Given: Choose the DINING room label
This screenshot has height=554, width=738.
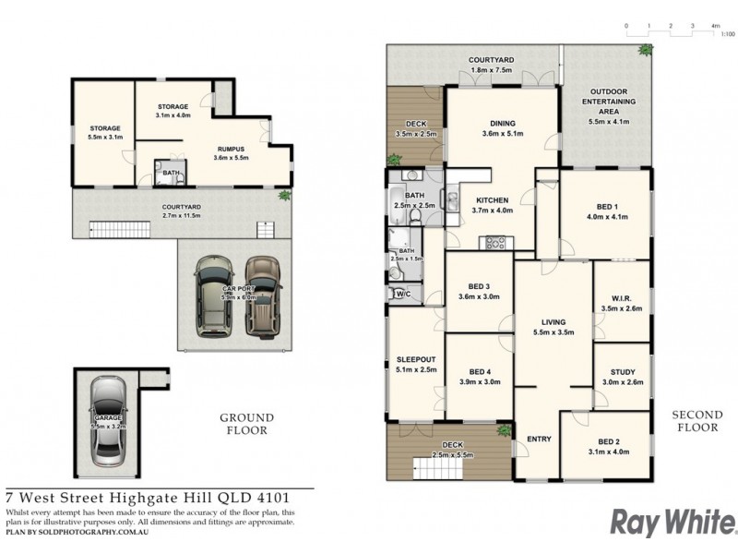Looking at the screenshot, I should [x=503, y=124].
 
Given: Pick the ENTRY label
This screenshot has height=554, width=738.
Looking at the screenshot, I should [x=539, y=439].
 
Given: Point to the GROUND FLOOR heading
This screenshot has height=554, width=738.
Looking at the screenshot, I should [x=244, y=424].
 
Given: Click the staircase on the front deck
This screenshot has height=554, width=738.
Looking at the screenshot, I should [x=430, y=466].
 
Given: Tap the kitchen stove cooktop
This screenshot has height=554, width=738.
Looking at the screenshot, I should [x=496, y=243].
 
